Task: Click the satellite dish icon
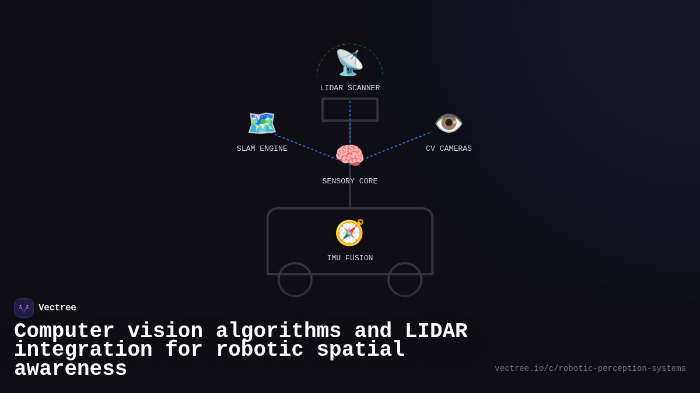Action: (349, 63)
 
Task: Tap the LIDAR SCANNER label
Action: (349, 88)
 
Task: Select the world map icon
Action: (261, 123)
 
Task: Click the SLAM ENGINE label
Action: (262, 149)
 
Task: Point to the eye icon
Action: (449, 123)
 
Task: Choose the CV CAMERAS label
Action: (449, 149)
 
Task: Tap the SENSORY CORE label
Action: (349, 182)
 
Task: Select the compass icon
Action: (349, 233)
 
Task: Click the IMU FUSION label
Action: (349, 259)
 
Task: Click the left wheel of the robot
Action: (295, 279)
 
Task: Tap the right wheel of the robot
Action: (405, 279)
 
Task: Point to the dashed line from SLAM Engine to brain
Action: (303, 146)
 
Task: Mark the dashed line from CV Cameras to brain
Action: (400, 144)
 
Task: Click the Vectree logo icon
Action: (24, 308)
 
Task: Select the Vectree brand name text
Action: (57, 308)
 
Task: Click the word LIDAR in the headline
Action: (436, 331)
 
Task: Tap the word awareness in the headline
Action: (71, 369)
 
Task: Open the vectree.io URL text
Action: (590, 369)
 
